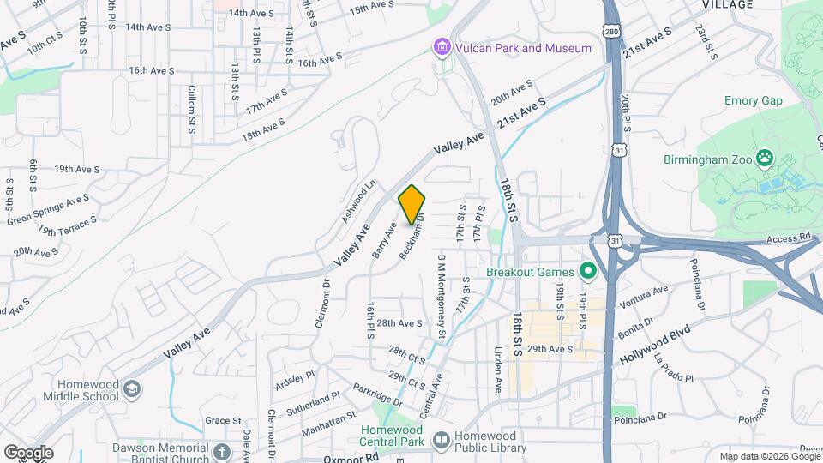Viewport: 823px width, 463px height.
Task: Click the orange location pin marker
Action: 412,205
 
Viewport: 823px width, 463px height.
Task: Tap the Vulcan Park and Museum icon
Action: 442,47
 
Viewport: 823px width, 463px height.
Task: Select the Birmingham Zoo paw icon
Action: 765,159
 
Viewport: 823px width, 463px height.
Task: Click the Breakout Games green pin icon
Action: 587,272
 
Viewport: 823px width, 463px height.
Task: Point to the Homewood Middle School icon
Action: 131,390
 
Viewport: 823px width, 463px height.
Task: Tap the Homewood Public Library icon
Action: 442,441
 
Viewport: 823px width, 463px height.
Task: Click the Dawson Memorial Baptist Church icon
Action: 221,452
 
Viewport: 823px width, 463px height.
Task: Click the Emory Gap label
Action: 754,100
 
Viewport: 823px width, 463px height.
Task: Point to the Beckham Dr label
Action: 411,242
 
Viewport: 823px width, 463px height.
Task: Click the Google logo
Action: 27,452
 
